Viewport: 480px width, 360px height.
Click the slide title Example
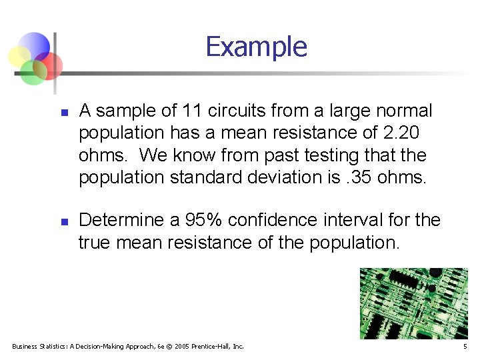pos(256,47)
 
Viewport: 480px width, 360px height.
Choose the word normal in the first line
pos(401,111)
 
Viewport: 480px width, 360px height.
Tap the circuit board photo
pos(414,303)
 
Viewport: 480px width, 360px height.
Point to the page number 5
pos(465,347)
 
